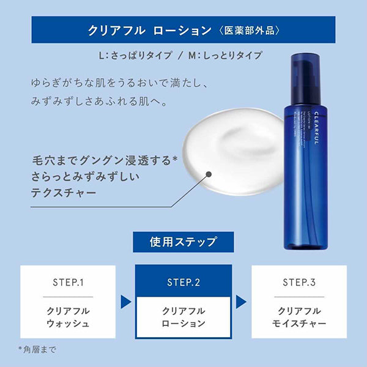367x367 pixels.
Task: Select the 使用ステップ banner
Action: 183,242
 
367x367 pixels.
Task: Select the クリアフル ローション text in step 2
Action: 183,316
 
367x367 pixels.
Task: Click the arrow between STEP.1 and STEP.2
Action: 125,302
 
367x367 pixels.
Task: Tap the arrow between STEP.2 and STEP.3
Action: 242,302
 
